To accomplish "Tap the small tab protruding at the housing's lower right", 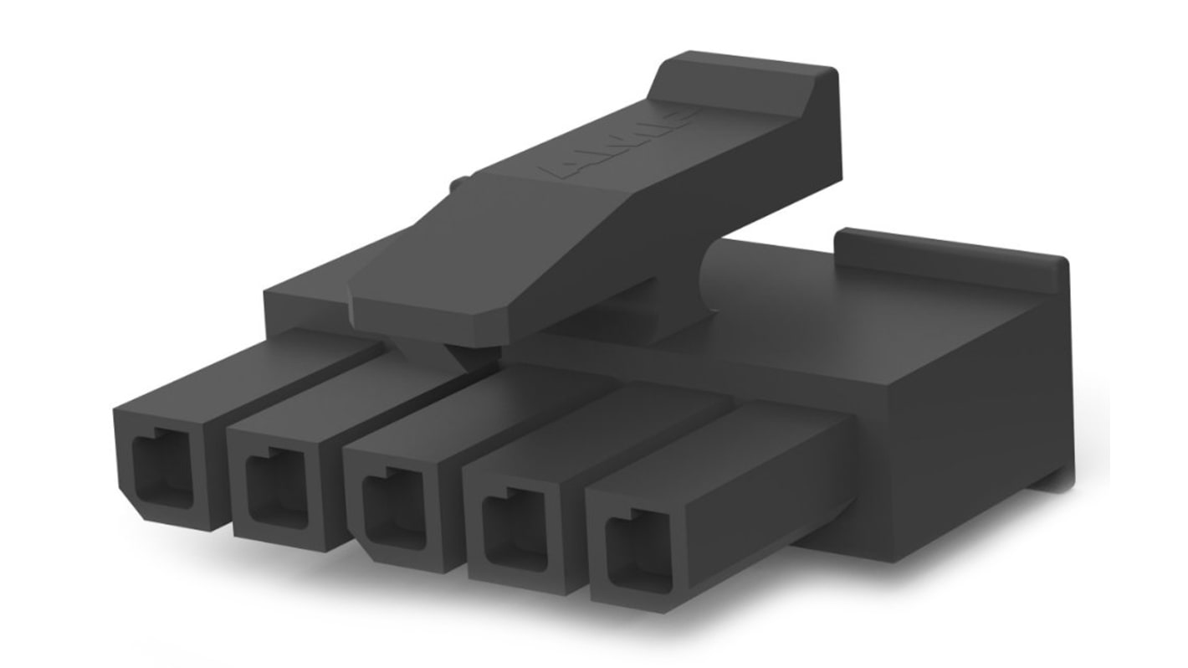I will (x=1063, y=477).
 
